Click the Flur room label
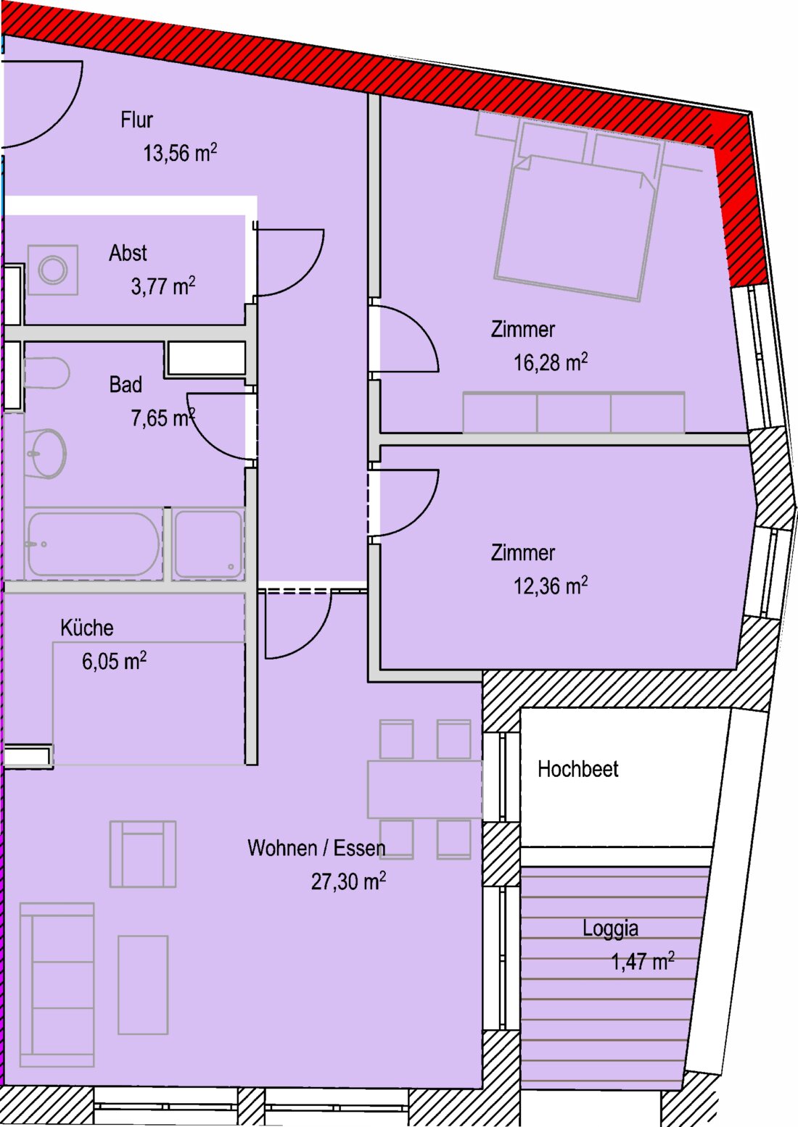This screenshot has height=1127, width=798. click(136, 120)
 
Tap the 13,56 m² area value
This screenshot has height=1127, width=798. click(180, 152)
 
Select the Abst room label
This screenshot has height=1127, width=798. click(128, 253)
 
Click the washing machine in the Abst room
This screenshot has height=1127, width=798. click(53, 270)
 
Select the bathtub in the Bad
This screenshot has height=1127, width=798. click(94, 544)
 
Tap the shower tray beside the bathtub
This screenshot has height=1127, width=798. click(208, 544)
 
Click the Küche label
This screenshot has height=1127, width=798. click(87, 628)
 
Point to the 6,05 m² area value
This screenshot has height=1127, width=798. click(115, 660)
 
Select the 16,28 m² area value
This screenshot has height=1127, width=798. click(551, 362)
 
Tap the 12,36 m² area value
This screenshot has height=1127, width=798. click(551, 586)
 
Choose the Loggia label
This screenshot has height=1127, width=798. click(610, 928)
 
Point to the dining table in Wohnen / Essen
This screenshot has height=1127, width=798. click(424, 789)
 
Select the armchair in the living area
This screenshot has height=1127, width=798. click(143, 854)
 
